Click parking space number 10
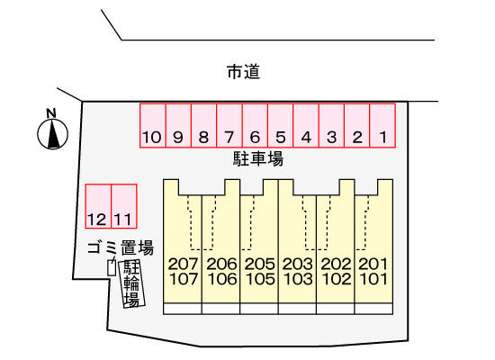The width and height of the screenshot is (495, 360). point(153,125)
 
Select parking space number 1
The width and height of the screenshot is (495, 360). point(382,125)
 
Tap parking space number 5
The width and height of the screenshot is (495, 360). point(280,125)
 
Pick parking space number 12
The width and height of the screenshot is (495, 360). point(98,206)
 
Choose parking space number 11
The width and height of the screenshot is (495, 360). point(124,206)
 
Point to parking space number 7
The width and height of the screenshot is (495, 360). point(229,125)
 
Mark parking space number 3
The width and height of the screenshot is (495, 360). point(331,125)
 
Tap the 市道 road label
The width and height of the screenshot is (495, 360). point(243,72)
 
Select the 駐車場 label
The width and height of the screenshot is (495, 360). point(258,158)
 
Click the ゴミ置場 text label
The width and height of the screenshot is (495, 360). point(121,247)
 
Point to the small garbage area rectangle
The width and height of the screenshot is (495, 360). point(112,268)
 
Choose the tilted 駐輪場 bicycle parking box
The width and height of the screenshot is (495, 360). point(131,283)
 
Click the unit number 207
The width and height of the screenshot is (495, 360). point(183,264)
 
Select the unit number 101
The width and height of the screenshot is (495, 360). point(373,279)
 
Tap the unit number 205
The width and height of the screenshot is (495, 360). point(259,264)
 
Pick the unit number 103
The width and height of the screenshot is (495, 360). point(298,279)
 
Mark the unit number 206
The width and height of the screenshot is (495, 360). point(221,264)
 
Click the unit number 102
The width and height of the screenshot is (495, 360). point(336,279)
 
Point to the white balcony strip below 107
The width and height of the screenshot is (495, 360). point(183,309)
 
